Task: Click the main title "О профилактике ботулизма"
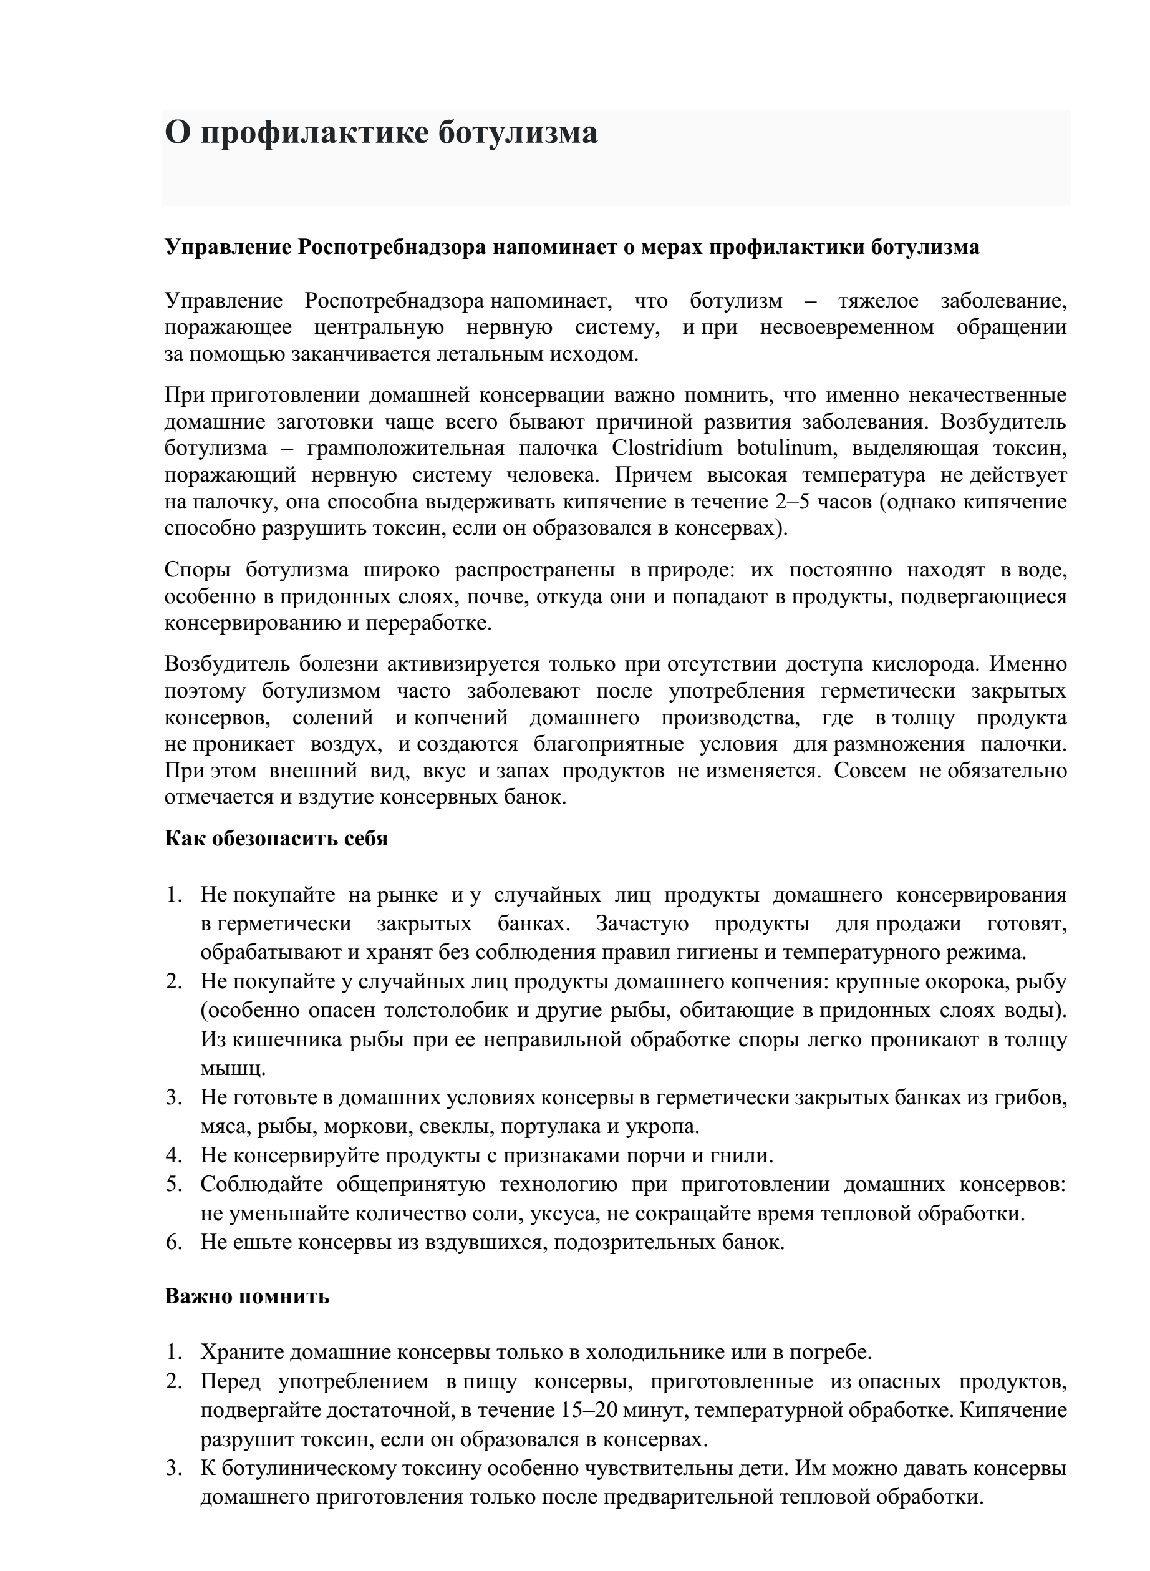(381, 132)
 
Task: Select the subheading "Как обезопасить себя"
(276, 838)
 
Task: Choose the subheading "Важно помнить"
(246, 1296)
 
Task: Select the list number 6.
(173, 1242)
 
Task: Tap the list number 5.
(173, 1185)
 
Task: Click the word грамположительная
(405, 448)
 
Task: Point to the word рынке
(407, 895)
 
